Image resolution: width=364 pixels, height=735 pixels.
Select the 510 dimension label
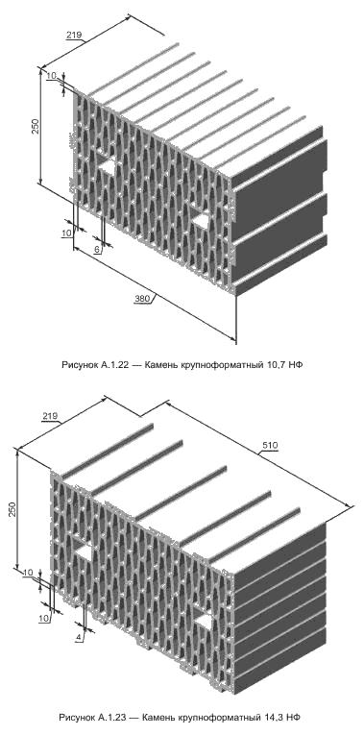tap(271, 445)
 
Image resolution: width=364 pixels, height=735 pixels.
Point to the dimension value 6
tap(97, 250)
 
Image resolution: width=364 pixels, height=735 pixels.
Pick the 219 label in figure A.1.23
tap(49, 415)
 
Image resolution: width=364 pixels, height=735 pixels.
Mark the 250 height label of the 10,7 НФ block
tap(36, 127)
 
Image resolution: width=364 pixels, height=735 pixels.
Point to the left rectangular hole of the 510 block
tap(85, 553)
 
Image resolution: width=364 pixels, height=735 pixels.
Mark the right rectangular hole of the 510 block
tap(204, 621)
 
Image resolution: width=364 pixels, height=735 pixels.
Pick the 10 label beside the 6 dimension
tap(66, 233)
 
